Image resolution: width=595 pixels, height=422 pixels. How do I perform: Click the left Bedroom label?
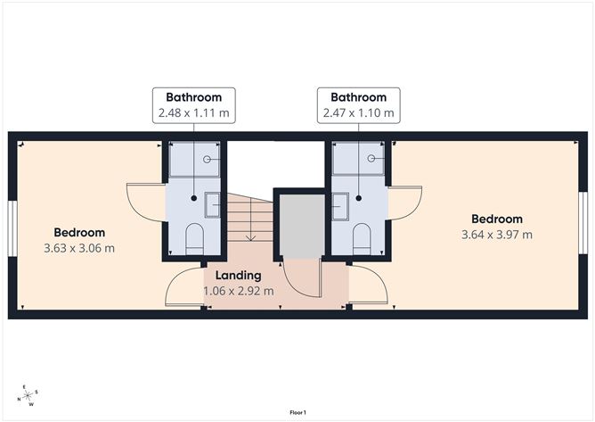[79, 232]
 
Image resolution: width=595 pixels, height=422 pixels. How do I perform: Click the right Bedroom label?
[497, 219]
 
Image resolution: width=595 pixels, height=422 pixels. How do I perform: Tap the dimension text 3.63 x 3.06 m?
[79, 248]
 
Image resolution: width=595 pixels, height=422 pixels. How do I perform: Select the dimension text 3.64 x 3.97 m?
[497, 235]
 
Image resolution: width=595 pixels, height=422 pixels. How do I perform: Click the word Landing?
[238, 275]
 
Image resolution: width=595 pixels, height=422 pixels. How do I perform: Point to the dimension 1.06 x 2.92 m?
[238, 290]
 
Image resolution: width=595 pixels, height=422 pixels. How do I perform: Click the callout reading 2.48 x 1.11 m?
[194, 113]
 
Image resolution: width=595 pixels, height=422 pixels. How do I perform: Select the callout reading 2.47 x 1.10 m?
[359, 113]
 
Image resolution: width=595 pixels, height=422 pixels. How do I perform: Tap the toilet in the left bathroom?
[195, 237]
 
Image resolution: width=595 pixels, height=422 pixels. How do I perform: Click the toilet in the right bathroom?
[361, 237]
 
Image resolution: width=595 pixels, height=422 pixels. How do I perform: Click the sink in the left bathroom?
[212, 205]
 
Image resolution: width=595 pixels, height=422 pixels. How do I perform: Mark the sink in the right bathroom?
[341, 205]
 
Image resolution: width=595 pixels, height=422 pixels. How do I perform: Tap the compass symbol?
[29, 394]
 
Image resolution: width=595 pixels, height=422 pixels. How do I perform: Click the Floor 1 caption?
[297, 412]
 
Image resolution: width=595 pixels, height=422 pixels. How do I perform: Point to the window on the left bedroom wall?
[12, 222]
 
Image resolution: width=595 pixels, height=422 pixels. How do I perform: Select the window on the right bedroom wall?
[583, 222]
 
